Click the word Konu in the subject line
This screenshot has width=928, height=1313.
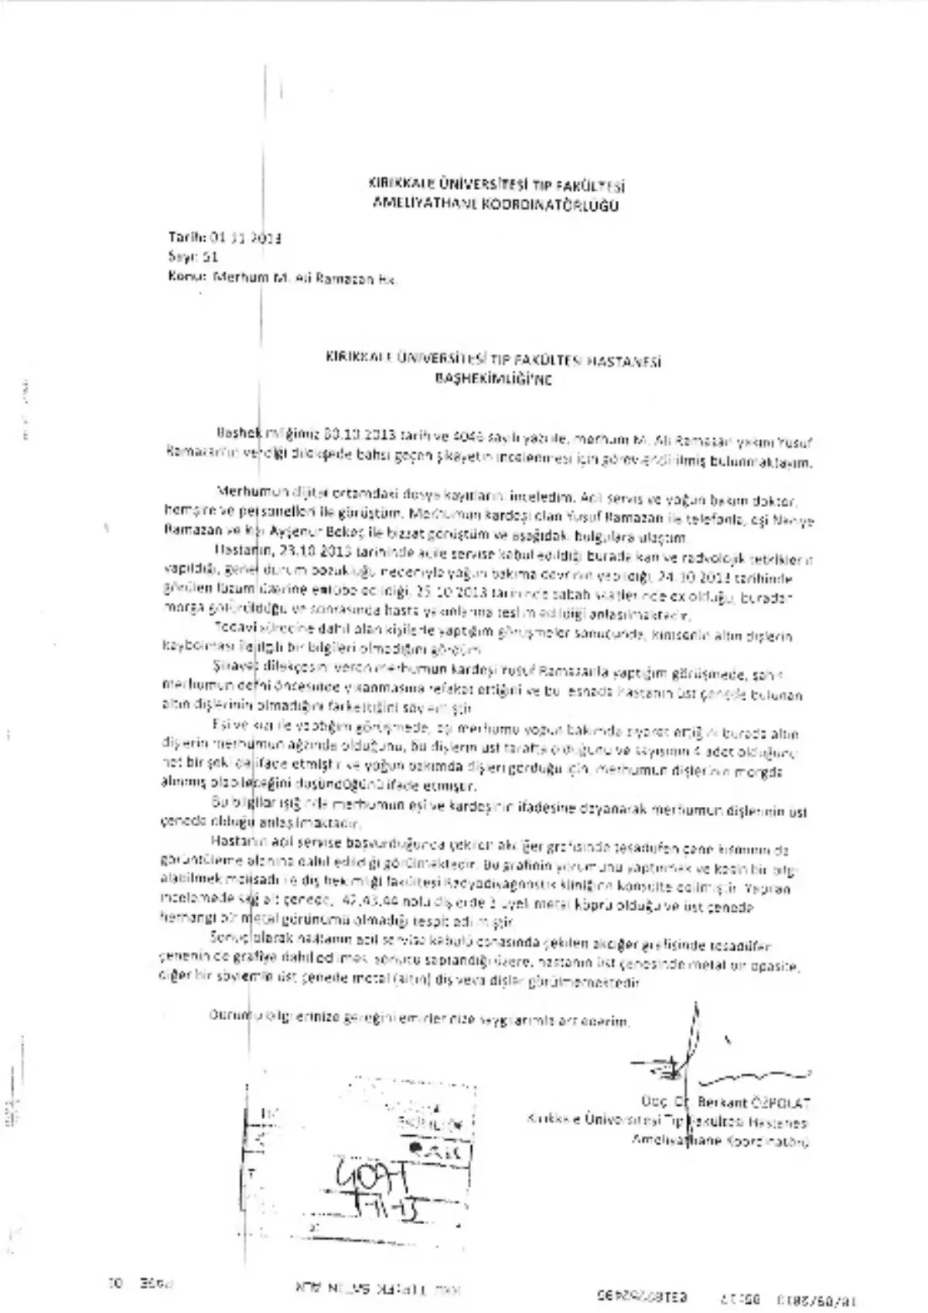pyautogui.click(x=183, y=278)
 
